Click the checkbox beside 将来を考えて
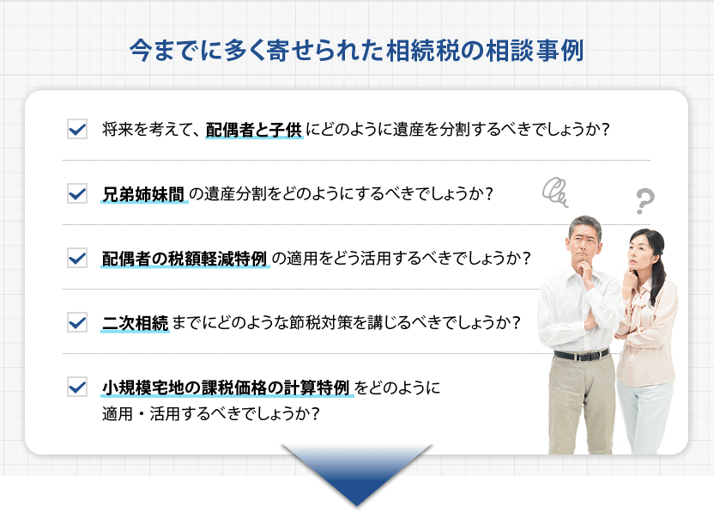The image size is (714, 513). (x=76, y=130)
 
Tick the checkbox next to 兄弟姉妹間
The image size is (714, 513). (x=76, y=193)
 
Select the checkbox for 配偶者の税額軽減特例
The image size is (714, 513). (x=76, y=258)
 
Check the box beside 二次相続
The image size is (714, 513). (x=76, y=322)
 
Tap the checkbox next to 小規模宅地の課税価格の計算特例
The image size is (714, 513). (x=76, y=387)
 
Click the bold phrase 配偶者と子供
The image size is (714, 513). (x=254, y=130)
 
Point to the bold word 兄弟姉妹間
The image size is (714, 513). (x=143, y=193)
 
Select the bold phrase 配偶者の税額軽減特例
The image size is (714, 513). (x=185, y=258)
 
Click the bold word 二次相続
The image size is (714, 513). (x=135, y=322)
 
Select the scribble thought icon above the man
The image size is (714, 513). (x=556, y=192)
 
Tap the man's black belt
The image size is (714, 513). (x=581, y=354)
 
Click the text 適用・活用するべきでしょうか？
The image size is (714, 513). (x=211, y=413)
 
